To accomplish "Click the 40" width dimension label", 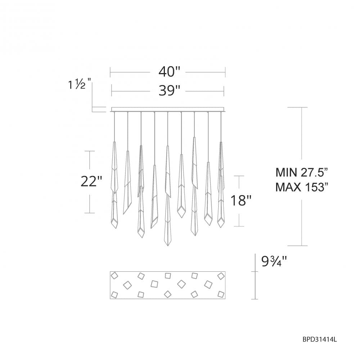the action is tap(169, 72).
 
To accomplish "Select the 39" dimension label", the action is tap(169, 91).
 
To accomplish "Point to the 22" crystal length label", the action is tap(91, 181).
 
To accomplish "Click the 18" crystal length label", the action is tap(241, 201).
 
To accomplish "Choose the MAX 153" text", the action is tap(301, 187).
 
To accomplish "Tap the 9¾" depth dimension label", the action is tap(274, 261).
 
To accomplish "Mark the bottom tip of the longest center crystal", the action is tap(168, 246).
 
